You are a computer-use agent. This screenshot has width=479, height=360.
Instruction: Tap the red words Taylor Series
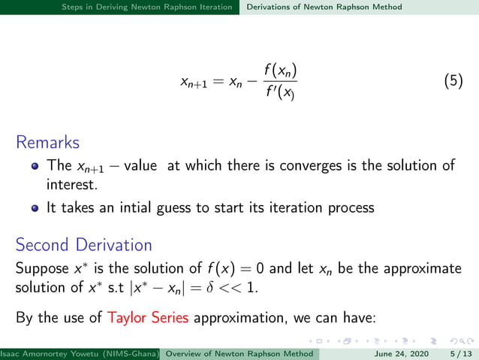pos(147,317)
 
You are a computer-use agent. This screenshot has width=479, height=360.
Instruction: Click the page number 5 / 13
pos(459,352)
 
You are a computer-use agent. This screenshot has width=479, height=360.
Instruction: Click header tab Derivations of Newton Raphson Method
pos(324,7)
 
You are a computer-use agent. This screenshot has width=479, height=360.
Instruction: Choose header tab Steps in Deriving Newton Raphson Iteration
pos(151,7)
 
